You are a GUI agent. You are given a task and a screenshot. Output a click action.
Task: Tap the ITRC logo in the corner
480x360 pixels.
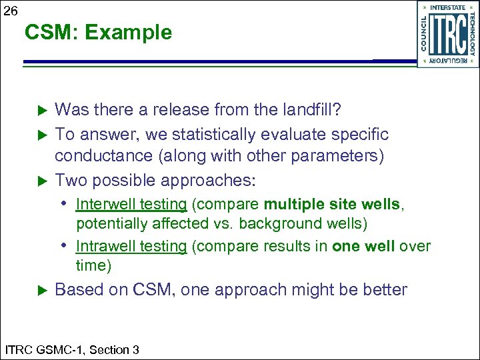click(448, 34)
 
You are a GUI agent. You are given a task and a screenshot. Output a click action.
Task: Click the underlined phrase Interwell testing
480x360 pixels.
click(131, 204)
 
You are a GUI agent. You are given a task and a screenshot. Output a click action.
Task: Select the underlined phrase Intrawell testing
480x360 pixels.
click(131, 246)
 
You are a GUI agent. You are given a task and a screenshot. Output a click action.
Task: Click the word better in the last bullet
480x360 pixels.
click(385, 290)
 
